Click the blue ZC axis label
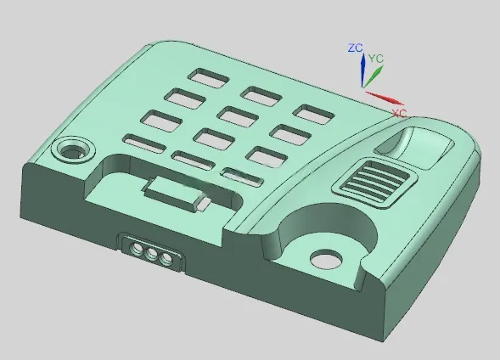[x=356, y=48]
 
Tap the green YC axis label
[x=376, y=59]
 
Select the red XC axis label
[x=399, y=113]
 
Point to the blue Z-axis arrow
[x=362, y=70]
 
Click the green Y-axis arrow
[x=373, y=76]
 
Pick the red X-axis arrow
[x=385, y=98]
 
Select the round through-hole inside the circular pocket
[x=326, y=260]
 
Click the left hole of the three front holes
[x=138, y=248]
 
